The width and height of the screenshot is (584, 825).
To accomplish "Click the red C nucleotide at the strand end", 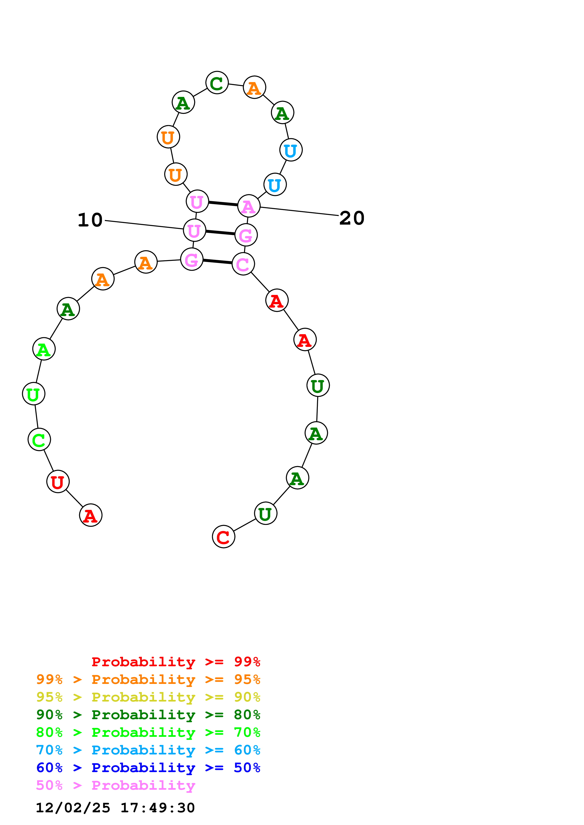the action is [224, 537].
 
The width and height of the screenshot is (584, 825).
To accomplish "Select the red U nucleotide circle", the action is [57, 481].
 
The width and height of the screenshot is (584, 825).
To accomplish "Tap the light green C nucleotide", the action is [39, 440].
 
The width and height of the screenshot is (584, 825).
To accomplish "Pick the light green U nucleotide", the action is [33, 394].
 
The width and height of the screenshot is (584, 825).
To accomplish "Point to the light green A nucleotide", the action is [44, 349].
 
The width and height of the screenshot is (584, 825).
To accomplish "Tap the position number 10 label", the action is [90, 220].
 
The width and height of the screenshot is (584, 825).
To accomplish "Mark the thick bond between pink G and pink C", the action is [218, 262].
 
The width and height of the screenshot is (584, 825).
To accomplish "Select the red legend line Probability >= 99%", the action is [176, 662].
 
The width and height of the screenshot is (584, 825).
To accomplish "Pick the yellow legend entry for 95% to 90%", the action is [148, 697].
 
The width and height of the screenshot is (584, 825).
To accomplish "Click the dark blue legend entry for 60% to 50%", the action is [148, 768].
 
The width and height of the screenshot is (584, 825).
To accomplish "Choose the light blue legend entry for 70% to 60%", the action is [148, 750].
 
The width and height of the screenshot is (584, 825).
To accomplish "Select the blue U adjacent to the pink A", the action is [275, 185].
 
